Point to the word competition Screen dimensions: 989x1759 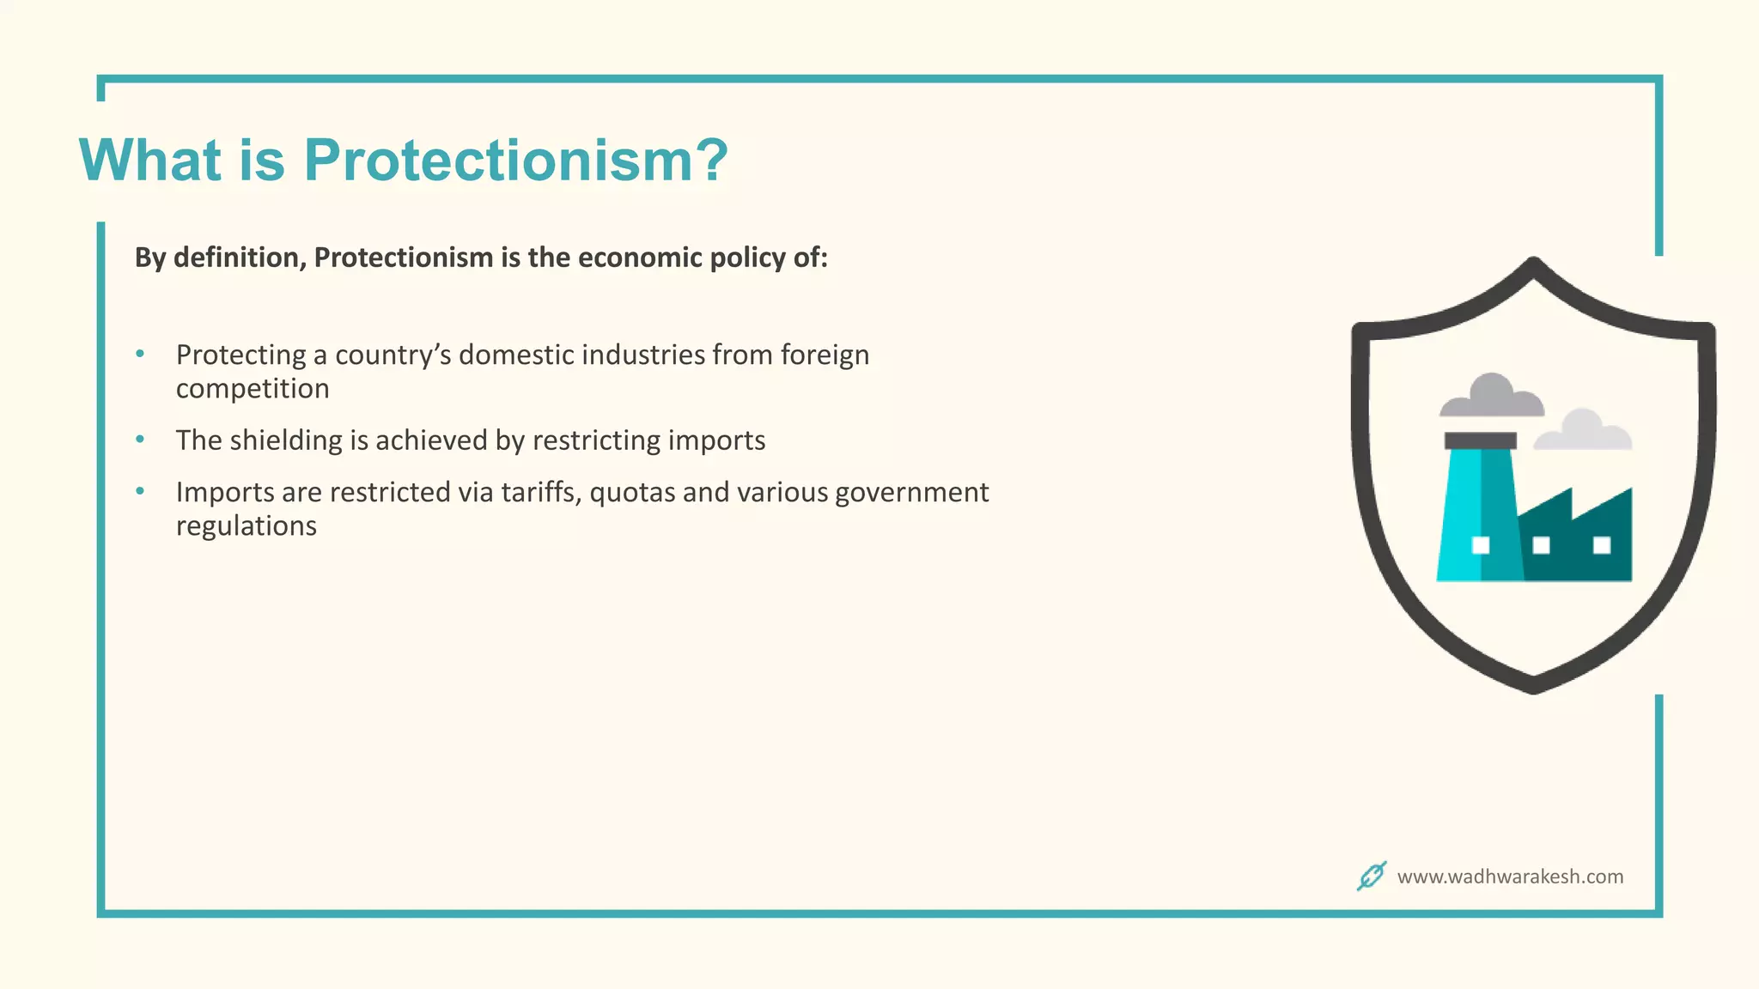[253, 389]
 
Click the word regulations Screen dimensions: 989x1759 [247, 526]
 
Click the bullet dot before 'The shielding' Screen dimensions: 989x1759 [140, 440]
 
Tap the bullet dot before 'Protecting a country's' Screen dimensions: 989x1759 [140, 354]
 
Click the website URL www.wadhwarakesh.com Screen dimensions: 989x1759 [1510, 877]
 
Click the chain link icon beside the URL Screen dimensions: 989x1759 [1372, 876]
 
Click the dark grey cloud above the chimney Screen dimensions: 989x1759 [1492, 397]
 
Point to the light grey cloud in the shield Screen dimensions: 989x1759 [1583, 432]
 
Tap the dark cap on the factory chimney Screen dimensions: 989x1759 [1480, 440]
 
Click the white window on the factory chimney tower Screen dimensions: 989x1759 [1481, 545]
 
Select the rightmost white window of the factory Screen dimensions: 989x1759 [1602, 545]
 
